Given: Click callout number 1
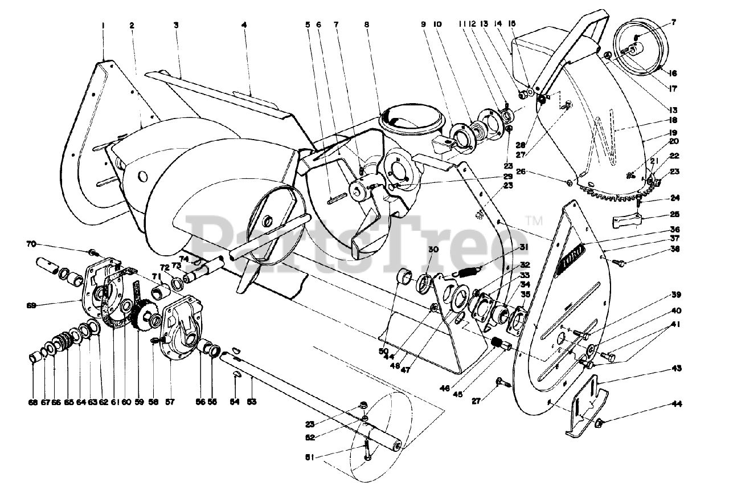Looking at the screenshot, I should [x=104, y=26].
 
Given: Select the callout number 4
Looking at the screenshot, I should [x=244, y=26].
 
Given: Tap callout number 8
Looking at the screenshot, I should [x=367, y=26].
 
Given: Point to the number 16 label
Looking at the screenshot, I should [x=673, y=73].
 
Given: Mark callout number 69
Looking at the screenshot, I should [x=31, y=305].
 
